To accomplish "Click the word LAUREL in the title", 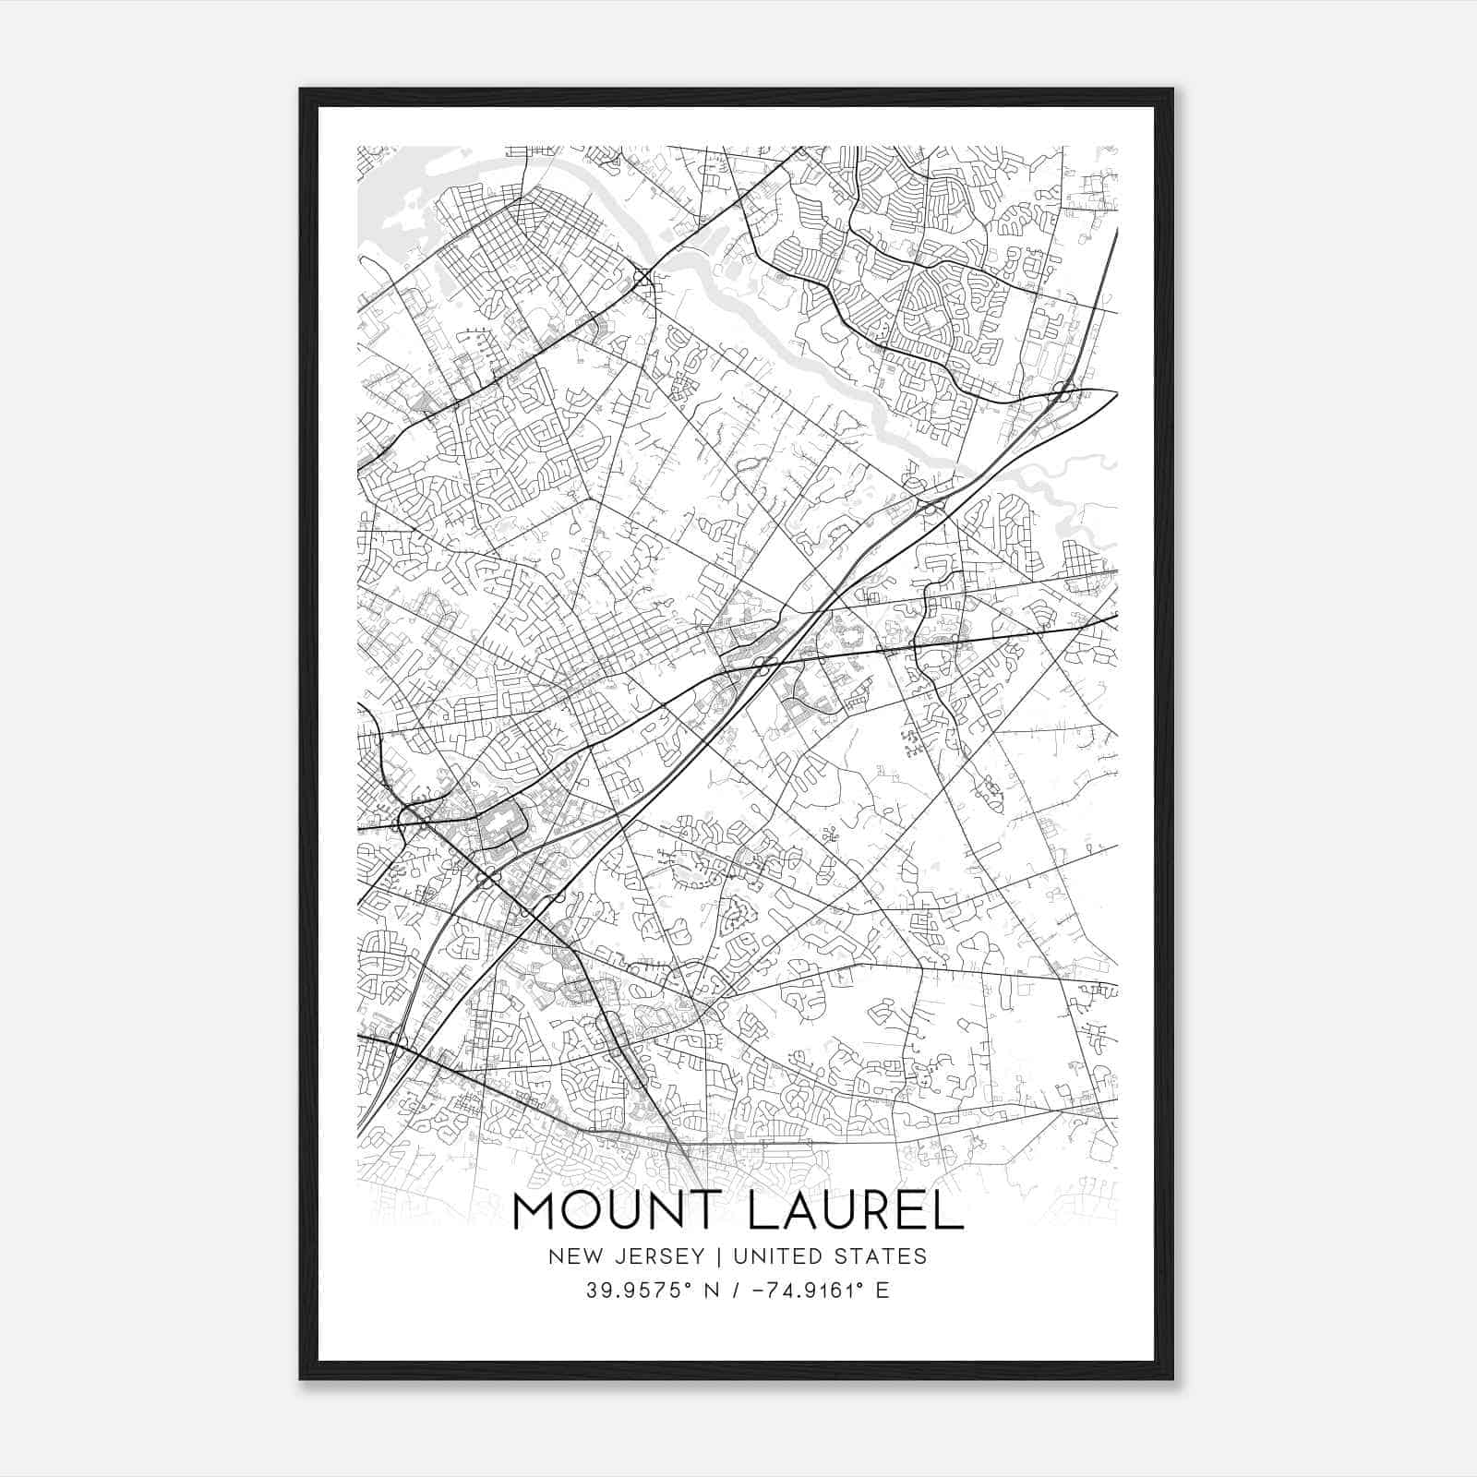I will click(x=856, y=1211).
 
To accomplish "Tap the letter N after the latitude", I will click(x=712, y=1291).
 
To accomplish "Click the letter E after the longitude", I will click(x=883, y=1291).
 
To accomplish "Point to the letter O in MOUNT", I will click(x=574, y=1211).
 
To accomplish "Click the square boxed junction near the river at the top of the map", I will click(x=642, y=276).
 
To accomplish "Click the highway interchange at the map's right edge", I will click(x=1063, y=392).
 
